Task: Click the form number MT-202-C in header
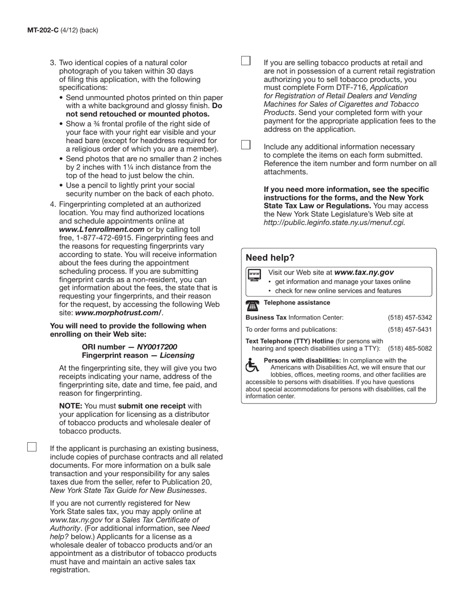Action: (x=42, y=30)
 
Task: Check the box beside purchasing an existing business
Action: (x=32, y=447)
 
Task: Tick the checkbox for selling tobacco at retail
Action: (x=246, y=61)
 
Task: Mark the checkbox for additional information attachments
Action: (x=246, y=145)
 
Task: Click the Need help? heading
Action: (x=270, y=258)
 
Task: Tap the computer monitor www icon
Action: (x=254, y=275)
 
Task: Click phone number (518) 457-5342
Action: (x=410, y=318)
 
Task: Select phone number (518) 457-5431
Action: (x=410, y=330)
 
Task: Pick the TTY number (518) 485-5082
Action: (x=410, y=349)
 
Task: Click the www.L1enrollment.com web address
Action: (x=102, y=230)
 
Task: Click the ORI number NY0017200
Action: (x=157, y=347)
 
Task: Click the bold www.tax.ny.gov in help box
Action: (x=364, y=273)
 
